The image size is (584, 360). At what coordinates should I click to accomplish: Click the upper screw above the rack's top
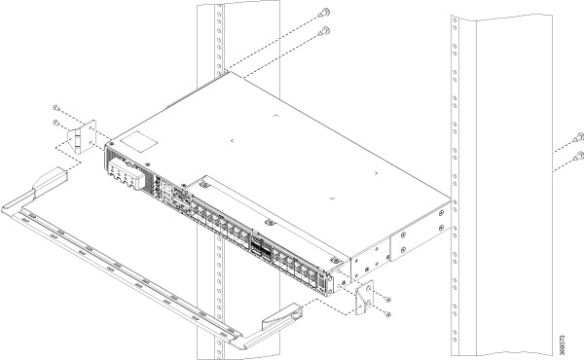click(323, 12)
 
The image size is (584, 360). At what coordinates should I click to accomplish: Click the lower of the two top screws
click(324, 31)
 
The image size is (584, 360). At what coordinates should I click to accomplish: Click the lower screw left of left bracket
click(56, 125)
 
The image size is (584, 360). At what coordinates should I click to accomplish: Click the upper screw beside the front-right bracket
click(387, 298)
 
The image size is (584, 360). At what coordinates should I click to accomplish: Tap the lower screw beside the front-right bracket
click(387, 313)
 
